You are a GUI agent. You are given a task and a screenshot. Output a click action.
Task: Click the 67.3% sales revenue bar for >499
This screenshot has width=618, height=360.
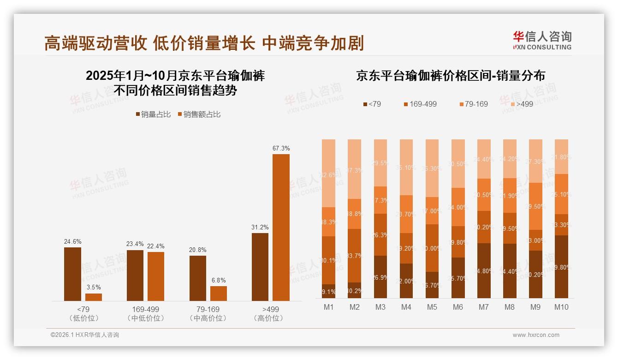[281, 227]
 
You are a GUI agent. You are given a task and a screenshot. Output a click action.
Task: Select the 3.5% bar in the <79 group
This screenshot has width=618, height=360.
[94, 297]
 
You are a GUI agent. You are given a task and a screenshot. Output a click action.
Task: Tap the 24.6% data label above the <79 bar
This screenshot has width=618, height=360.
[72, 241]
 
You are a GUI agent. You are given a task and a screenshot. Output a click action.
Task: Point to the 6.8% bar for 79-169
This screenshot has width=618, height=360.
[219, 294]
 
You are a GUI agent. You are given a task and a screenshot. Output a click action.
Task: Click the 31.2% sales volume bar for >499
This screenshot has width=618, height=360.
[260, 267]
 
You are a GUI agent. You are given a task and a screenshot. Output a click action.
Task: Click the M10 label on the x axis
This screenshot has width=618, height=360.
[561, 307]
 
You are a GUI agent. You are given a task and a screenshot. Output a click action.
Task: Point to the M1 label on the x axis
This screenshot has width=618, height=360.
[329, 307]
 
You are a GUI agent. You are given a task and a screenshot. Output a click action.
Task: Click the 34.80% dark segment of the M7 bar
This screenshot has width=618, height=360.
[484, 270]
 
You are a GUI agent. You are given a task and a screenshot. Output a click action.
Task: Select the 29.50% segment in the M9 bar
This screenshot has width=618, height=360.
[535, 206]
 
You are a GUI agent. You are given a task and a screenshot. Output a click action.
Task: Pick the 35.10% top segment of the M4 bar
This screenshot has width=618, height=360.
[406, 167]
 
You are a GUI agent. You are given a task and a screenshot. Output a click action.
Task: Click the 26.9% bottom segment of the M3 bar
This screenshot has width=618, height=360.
[380, 276]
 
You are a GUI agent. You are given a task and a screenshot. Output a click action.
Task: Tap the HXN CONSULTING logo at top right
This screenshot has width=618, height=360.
[542, 40]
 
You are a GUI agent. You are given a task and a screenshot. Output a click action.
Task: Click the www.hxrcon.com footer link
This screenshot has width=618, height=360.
[535, 335]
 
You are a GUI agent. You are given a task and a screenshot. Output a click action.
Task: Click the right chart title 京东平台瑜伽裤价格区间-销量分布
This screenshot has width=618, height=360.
[450, 76]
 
